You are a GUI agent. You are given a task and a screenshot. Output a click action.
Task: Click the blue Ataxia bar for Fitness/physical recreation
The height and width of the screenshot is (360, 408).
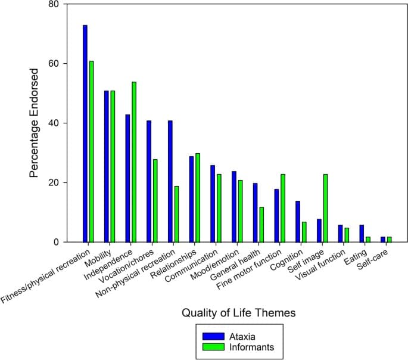click(85, 134)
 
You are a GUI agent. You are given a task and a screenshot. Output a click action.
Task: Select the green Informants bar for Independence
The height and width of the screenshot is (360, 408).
click(134, 162)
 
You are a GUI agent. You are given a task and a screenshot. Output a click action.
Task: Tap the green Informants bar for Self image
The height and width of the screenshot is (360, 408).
click(325, 208)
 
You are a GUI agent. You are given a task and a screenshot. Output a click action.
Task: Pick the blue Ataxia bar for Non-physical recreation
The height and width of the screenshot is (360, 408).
click(170, 181)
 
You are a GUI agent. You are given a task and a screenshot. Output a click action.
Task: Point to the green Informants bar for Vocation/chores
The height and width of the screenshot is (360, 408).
click(155, 201)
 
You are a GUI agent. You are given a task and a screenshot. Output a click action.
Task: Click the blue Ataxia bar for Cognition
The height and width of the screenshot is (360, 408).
click(298, 222)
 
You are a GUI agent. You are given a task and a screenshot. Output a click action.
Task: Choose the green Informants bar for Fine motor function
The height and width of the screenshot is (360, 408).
click(283, 208)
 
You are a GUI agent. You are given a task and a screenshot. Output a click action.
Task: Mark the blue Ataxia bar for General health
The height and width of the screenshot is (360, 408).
click(256, 213)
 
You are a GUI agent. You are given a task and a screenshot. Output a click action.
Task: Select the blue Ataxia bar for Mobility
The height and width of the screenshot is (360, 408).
click(107, 166)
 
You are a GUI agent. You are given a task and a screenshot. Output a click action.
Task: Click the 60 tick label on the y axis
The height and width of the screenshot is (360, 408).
click(54, 64)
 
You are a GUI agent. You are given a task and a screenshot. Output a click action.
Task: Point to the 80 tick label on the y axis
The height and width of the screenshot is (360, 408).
click(54, 5)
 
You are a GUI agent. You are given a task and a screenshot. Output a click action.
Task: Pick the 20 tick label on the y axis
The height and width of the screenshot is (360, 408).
click(54, 183)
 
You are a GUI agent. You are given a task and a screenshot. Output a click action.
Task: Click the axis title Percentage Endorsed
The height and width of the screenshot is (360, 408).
click(35, 122)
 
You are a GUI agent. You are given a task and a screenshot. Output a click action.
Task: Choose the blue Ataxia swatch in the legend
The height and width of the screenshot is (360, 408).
click(213, 336)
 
